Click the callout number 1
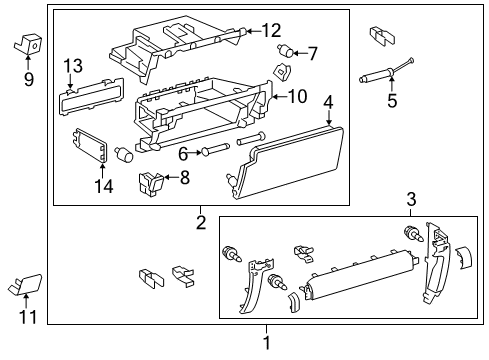266,343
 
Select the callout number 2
201,222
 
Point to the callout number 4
329,102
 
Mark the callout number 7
312,53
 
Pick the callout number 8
183,178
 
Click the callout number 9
28,77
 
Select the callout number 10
297,96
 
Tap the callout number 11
27,318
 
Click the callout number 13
72,66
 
